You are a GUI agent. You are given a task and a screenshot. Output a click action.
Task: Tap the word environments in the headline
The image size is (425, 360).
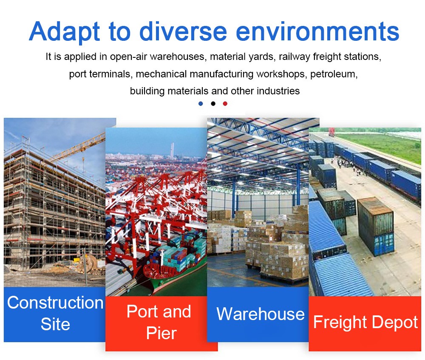[x=317, y=31]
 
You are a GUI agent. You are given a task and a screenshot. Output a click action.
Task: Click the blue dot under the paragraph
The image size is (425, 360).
[x=201, y=104]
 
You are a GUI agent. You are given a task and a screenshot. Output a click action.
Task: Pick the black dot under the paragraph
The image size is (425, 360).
[x=213, y=104]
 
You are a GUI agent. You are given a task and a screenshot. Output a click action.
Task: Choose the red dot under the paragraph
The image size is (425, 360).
[x=225, y=104]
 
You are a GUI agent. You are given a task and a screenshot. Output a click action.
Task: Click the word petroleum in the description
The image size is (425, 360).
[x=334, y=74]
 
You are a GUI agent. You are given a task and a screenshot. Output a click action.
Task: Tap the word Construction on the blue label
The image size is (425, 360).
[x=55, y=303]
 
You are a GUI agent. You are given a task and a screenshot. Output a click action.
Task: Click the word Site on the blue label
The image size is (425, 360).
[x=55, y=324]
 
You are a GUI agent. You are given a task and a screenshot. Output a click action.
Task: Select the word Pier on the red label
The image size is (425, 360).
[x=161, y=333]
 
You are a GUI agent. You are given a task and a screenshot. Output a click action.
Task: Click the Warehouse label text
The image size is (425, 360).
[x=261, y=314]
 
